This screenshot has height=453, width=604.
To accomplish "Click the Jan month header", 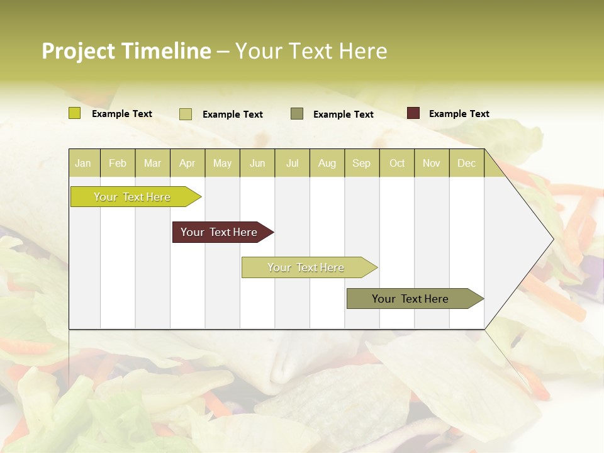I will [x=83, y=164].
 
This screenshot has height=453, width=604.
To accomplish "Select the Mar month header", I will [x=152, y=164].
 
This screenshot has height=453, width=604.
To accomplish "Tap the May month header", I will [x=222, y=164].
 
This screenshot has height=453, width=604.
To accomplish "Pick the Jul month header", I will [x=292, y=164].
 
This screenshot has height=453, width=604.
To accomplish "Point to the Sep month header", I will [x=361, y=164].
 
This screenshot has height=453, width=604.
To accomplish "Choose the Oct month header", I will [x=397, y=164].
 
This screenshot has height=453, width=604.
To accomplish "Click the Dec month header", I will [x=466, y=164].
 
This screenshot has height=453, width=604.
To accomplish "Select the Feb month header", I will [x=118, y=164].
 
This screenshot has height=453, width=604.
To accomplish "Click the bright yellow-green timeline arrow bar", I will [x=133, y=197].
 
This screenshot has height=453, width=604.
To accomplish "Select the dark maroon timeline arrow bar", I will [x=220, y=232].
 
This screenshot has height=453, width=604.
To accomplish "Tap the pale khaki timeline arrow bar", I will [x=306, y=267].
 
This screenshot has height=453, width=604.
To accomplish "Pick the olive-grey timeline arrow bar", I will [x=411, y=299].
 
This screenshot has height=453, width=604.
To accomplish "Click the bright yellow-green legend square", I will [x=75, y=113].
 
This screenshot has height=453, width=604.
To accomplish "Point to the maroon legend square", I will [x=413, y=113].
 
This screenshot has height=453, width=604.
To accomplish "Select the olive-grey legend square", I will [x=297, y=114].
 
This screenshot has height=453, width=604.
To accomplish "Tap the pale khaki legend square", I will [x=186, y=114].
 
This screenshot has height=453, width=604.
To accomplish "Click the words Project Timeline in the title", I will [x=126, y=51].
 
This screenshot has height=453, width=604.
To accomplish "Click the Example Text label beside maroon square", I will [x=459, y=114].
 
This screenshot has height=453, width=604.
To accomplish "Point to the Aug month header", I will [x=327, y=164].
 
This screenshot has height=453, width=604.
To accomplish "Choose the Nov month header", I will [x=431, y=164].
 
